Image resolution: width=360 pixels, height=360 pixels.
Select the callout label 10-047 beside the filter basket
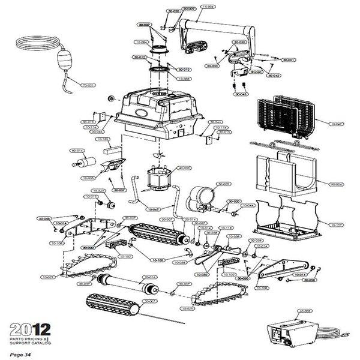(336, 124)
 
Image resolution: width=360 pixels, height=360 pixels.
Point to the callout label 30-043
(241, 94)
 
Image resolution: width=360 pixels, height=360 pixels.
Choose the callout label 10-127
(336, 224)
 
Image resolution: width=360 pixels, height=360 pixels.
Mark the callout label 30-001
(288, 60)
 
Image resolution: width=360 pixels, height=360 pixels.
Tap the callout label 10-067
(151, 209)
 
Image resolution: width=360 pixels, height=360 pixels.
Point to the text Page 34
(19, 355)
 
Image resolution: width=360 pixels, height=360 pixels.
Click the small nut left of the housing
(111, 97)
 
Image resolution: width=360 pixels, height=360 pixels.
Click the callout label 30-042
(273, 76)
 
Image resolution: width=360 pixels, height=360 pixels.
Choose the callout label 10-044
(248, 205)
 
